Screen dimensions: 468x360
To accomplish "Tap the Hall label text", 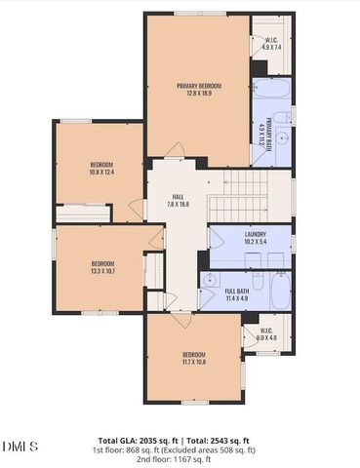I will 179,200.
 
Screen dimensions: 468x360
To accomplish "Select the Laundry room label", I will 249,237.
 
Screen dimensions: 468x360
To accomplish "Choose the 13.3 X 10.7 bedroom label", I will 103,267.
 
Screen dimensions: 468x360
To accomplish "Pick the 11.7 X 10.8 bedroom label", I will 193,358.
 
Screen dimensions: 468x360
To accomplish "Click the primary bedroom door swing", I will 175,151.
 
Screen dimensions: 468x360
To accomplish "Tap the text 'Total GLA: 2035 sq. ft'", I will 144,441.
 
